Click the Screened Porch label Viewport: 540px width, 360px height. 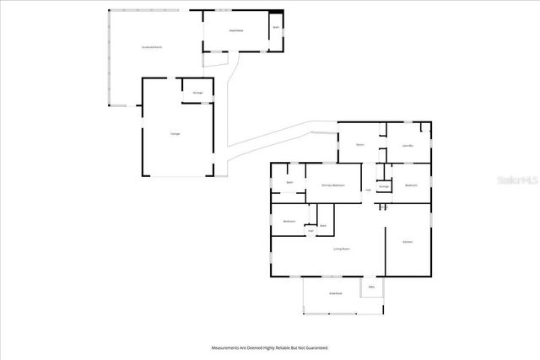coord(152,47)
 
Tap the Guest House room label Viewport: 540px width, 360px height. coord(237,30)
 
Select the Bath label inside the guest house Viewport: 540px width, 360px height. coord(276,27)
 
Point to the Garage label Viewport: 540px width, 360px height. coord(175,133)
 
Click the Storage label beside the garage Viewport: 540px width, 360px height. coord(197,92)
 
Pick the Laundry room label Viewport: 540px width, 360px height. coord(408,145)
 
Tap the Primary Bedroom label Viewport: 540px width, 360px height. coord(332,185)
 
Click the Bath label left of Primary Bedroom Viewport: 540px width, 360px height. coord(289,182)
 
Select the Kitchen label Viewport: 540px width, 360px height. coord(408,242)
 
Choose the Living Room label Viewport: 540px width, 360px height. coord(342,249)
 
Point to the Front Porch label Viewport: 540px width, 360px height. coord(335,293)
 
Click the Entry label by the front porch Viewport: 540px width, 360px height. coord(371,287)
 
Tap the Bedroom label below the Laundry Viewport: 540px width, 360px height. coord(411,185)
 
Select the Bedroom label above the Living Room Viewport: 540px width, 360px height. coord(289,221)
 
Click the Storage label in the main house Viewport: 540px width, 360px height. coord(383,185)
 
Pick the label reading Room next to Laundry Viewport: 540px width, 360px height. coord(359,145)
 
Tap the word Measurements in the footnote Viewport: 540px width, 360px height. coord(227,347)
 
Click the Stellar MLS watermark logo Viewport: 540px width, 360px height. coord(517,180)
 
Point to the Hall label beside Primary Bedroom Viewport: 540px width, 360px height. coord(368,190)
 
